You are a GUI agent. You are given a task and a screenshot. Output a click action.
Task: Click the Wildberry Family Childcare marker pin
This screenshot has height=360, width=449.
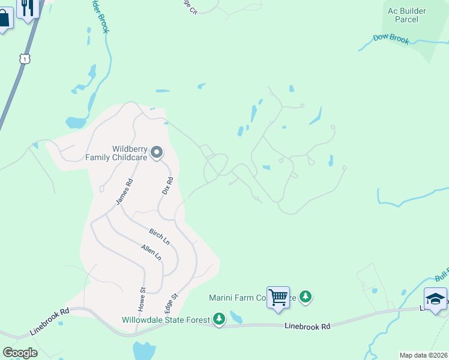point(157,153)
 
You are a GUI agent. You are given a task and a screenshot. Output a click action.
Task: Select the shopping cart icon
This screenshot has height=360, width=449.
point(278,297)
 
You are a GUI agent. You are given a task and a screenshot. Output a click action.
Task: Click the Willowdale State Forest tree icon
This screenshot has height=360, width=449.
point(219,319)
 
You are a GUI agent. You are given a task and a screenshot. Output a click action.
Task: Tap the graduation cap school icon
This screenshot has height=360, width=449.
point(435,299)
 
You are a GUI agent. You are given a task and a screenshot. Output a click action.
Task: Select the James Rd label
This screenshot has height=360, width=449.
point(124,192)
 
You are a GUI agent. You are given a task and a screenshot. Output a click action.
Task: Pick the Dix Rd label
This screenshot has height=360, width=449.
point(167,185)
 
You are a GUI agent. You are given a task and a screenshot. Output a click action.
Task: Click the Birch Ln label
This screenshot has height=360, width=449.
point(158,236)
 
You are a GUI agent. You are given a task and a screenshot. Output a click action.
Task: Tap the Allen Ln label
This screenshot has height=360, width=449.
point(151,252)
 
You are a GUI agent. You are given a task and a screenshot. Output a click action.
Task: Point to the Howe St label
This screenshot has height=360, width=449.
point(143,298)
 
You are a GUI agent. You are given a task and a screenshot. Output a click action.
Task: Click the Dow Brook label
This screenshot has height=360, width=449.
point(391,40)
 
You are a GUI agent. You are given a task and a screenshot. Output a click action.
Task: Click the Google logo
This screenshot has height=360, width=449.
point(20,352)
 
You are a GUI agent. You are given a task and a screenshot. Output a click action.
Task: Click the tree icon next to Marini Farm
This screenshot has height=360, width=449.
point(306,296)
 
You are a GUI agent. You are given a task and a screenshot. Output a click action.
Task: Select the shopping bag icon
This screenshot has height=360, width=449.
point(4,18)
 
